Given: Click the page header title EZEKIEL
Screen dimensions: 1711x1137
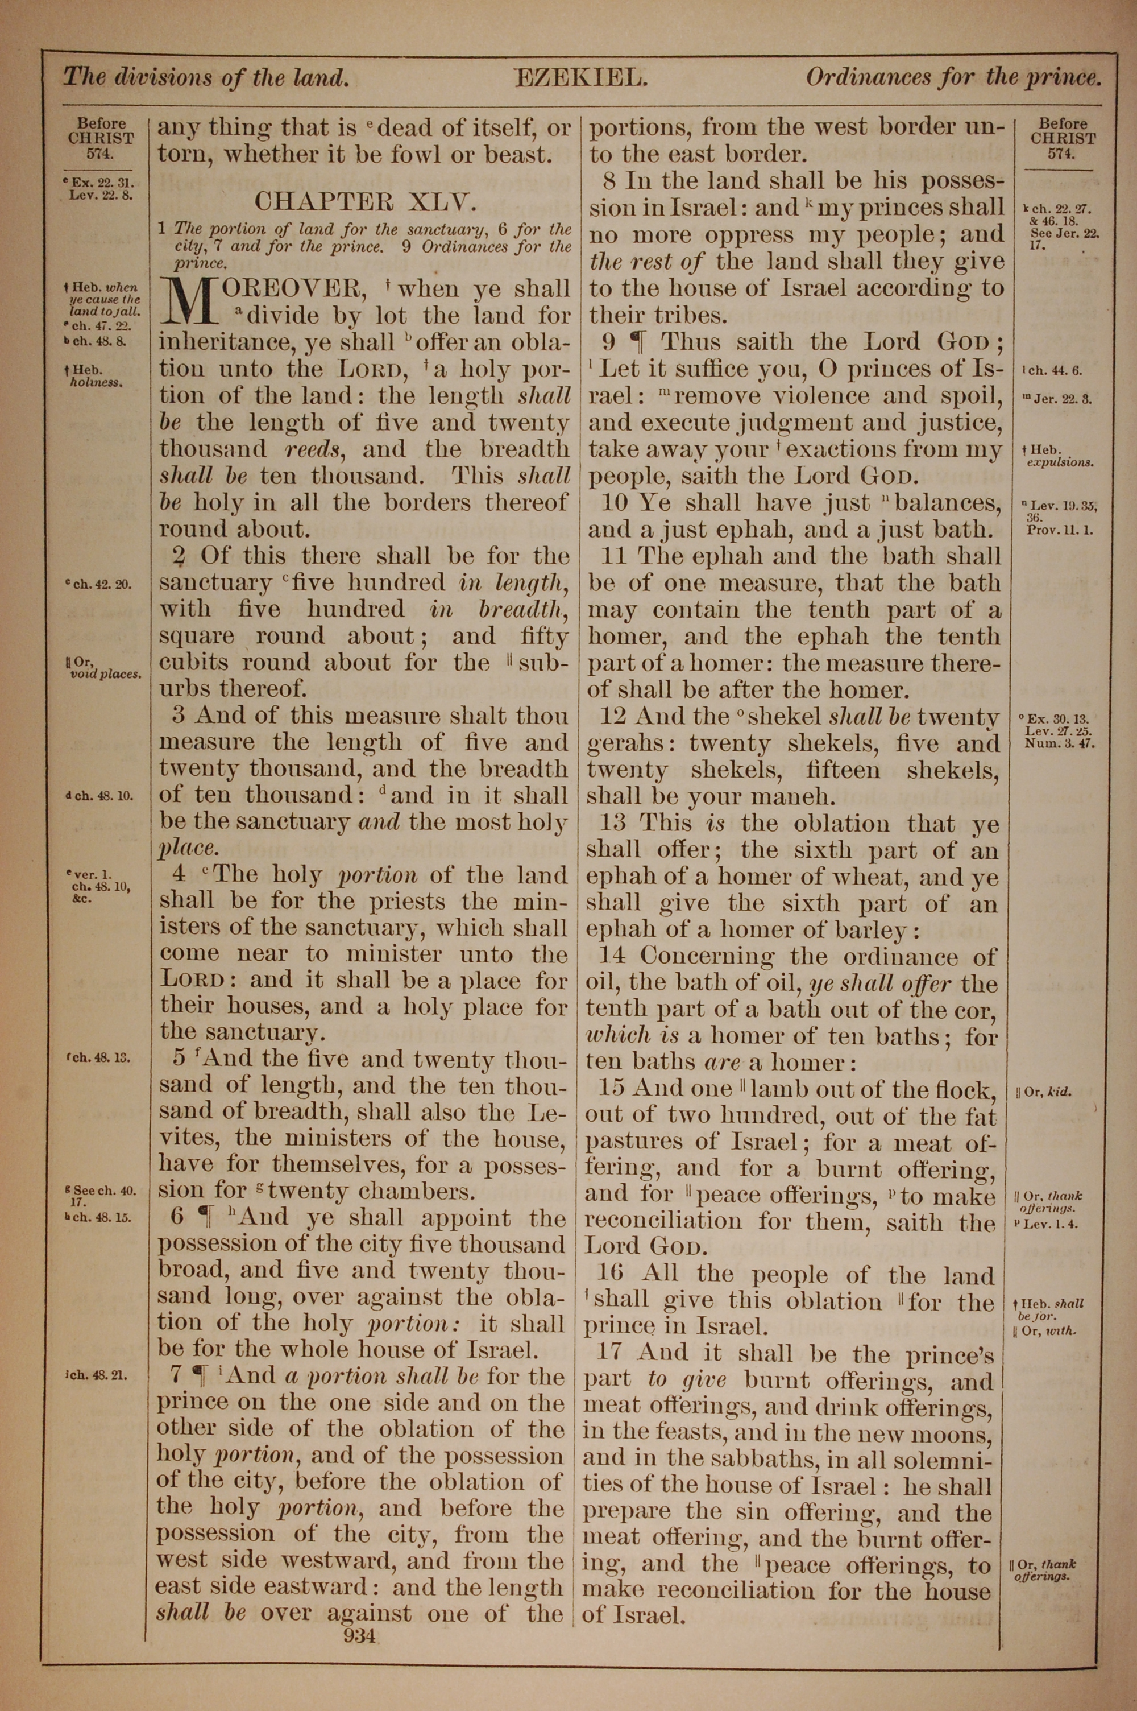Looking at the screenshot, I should coord(580,77).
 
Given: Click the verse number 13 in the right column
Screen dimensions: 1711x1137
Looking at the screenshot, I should coord(616,823).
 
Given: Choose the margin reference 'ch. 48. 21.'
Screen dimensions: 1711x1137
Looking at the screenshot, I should coord(97,1374).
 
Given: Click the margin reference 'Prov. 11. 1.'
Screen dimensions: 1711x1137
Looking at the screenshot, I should coord(1060,530).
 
